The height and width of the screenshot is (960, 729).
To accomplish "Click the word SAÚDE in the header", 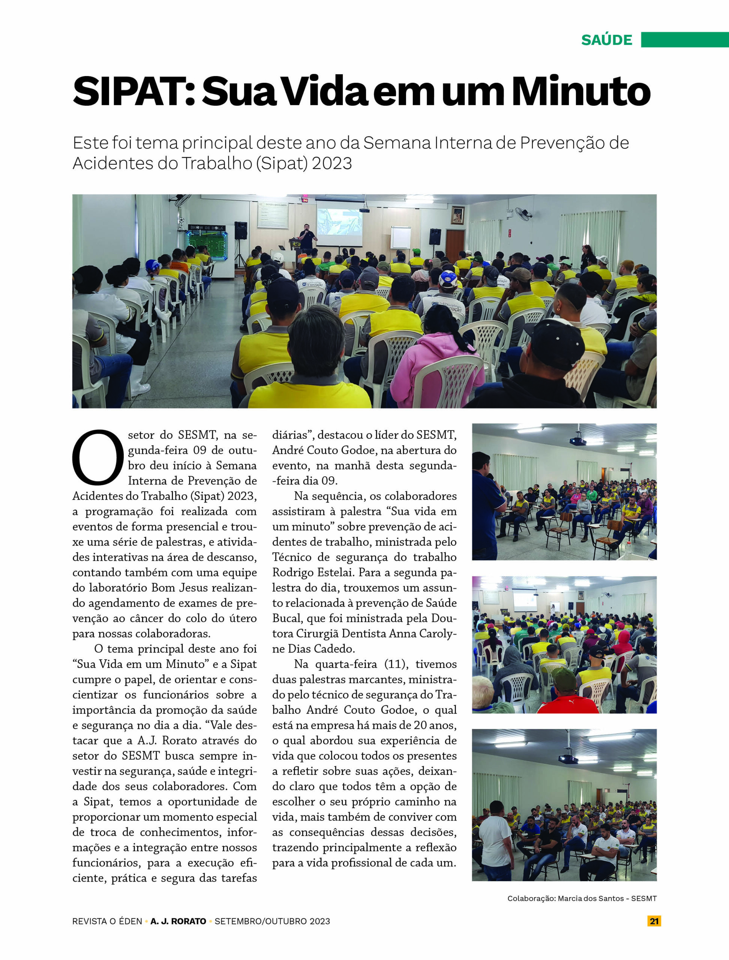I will click(x=607, y=40).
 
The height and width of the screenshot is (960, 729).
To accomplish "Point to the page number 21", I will click(x=654, y=921).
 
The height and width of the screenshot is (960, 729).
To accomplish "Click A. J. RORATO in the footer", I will click(x=178, y=921).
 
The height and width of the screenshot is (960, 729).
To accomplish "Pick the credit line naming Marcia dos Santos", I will click(x=582, y=898).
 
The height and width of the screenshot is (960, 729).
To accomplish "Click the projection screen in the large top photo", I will click(x=339, y=222).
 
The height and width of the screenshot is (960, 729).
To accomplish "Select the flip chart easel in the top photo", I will click(x=400, y=238).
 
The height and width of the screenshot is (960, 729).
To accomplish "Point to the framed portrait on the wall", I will click(x=457, y=215).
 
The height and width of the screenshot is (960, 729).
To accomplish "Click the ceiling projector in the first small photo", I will click(x=577, y=441).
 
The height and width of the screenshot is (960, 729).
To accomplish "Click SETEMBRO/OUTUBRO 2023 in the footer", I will click(x=272, y=921).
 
